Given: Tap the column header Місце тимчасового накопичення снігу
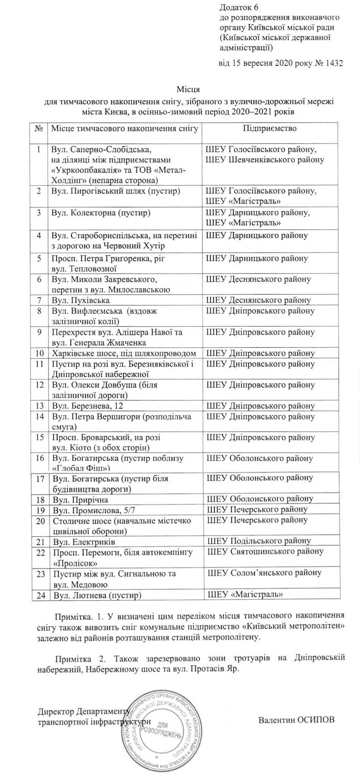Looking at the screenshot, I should pyautogui.click(x=125, y=128).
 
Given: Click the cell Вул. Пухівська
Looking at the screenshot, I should pyautogui.click(x=74, y=300).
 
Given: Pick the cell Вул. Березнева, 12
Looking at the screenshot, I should pyautogui.click(x=87, y=406).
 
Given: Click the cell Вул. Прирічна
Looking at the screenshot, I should pyautogui.click(x=80, y=499).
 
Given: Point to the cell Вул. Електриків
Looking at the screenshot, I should pyautogui.click(x=84, y=542).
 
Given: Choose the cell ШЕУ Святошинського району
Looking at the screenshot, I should pyautogui.click(x=265, y=551).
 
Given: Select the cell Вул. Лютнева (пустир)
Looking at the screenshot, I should pyautogui.click(x=97, y=595).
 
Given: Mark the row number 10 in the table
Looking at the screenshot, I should pyautogui.click(x=39, y=353).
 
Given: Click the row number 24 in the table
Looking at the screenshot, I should pyautogui.click(x=41, y=595).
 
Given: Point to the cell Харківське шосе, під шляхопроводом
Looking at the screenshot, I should pyautogui.click(x=124, y=353).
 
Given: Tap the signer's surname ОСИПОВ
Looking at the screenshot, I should pyautogui.click(x=313, y=720).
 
